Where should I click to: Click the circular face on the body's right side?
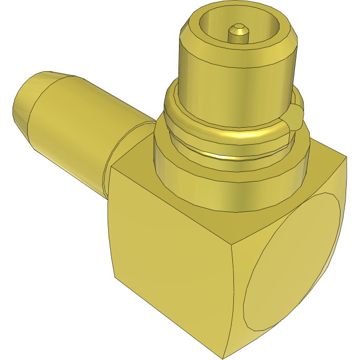(292, 262)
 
